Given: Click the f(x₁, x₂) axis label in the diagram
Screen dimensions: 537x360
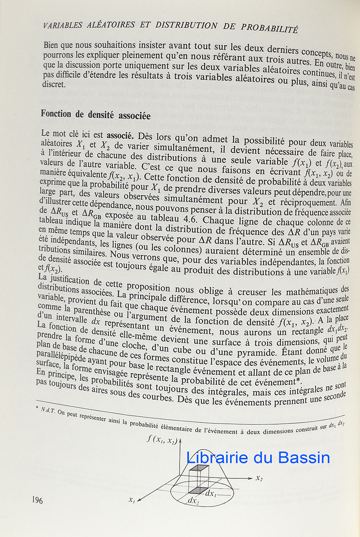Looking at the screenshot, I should [x=162, y=439].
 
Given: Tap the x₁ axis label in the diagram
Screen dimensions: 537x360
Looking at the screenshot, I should [x=132, y=501].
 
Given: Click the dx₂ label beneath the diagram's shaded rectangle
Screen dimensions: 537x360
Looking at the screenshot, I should [x=193, y=499].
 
